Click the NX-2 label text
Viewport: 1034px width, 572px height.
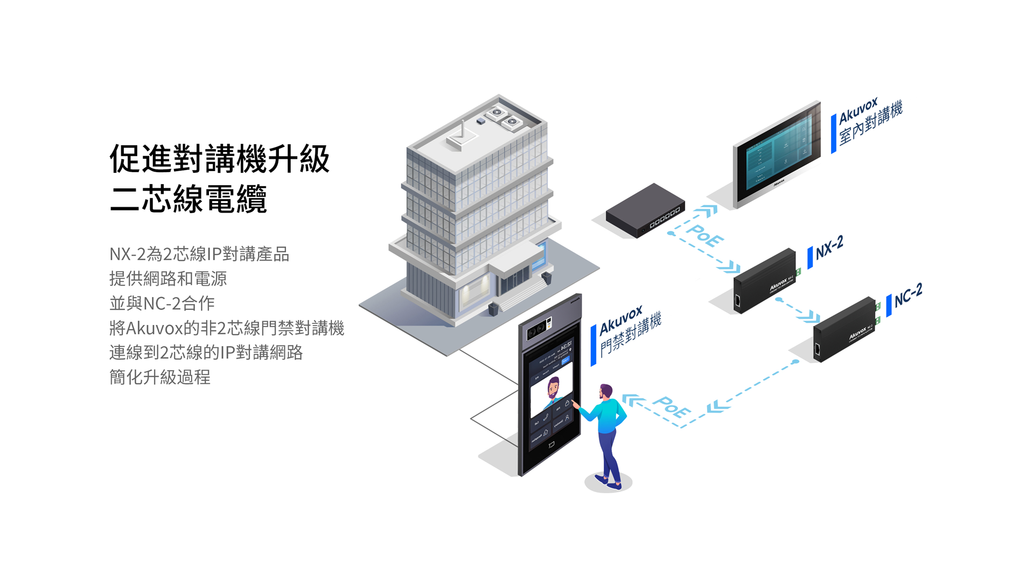point(829,248)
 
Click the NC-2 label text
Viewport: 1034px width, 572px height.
point(909,295)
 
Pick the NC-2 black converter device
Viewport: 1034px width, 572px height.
point(844,329)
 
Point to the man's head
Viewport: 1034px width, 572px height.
point(606,391)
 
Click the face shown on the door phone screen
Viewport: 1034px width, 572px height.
point(553,389)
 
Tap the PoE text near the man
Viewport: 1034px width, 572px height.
point(671,407)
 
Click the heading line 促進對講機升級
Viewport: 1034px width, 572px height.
point(219,159)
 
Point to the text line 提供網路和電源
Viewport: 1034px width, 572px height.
point(168,279)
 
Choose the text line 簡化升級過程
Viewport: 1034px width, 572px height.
point(160,377)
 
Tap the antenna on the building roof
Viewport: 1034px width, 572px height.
point(462,135)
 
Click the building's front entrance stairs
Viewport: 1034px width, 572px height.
point(521,295)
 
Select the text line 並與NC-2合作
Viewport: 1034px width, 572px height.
point(162,303)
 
